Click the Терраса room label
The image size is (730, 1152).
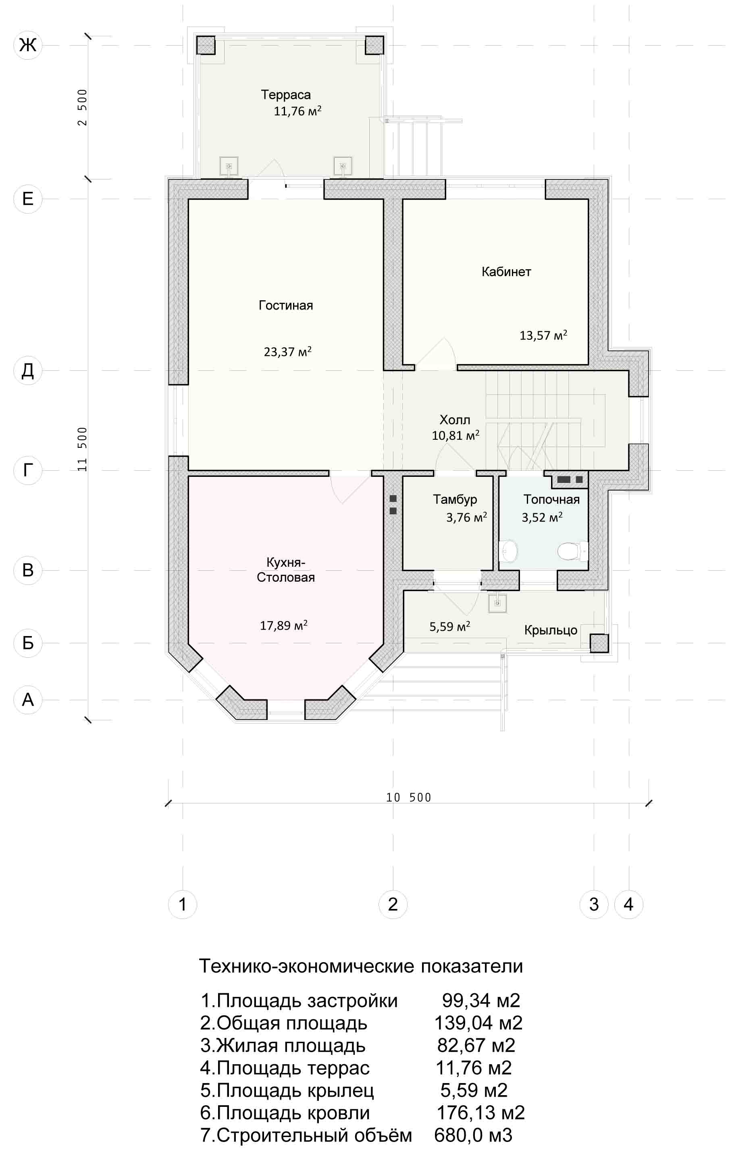coord(285,95)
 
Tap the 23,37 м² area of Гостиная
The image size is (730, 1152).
coord(287,351)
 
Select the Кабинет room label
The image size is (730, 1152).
coord(506,272)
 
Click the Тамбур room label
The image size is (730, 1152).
coord(455,499)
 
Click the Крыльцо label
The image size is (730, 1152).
coord(551,630)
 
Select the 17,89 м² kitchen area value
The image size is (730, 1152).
coord(283,625)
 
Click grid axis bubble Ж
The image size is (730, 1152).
coord(28,45)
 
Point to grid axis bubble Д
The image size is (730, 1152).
coord(28,370)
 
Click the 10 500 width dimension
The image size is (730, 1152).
coord(408,798)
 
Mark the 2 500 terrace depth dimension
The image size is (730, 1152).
coord(83,107)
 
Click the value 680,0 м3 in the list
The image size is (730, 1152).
coord(473,1135)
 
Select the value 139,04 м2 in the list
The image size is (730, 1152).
coord(478,1023)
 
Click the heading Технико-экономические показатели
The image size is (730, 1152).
coord(361,966)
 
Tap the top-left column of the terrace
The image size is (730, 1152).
coord(206,46)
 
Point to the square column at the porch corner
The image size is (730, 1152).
coord(599,643)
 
